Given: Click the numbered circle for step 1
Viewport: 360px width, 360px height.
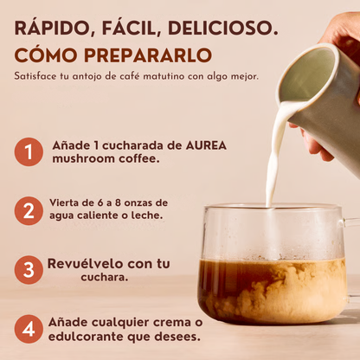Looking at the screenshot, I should pyautogui.click(x=28, y=152).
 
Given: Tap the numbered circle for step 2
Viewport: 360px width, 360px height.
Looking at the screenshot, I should pyautogui.click(x=28, y=209).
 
